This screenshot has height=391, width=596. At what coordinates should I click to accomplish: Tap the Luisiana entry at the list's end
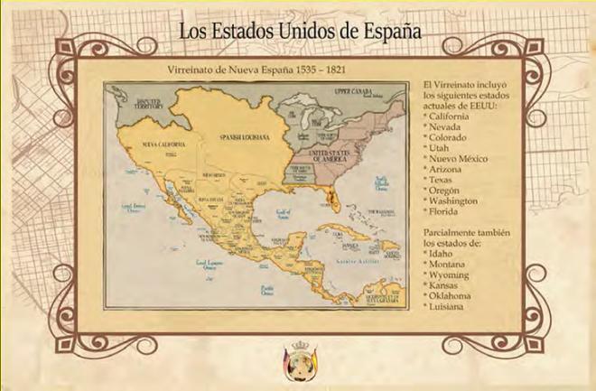point(449,306)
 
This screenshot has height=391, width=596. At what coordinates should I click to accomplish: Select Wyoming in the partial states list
point(452,279)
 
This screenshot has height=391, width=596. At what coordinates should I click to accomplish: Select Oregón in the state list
point(447,201)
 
